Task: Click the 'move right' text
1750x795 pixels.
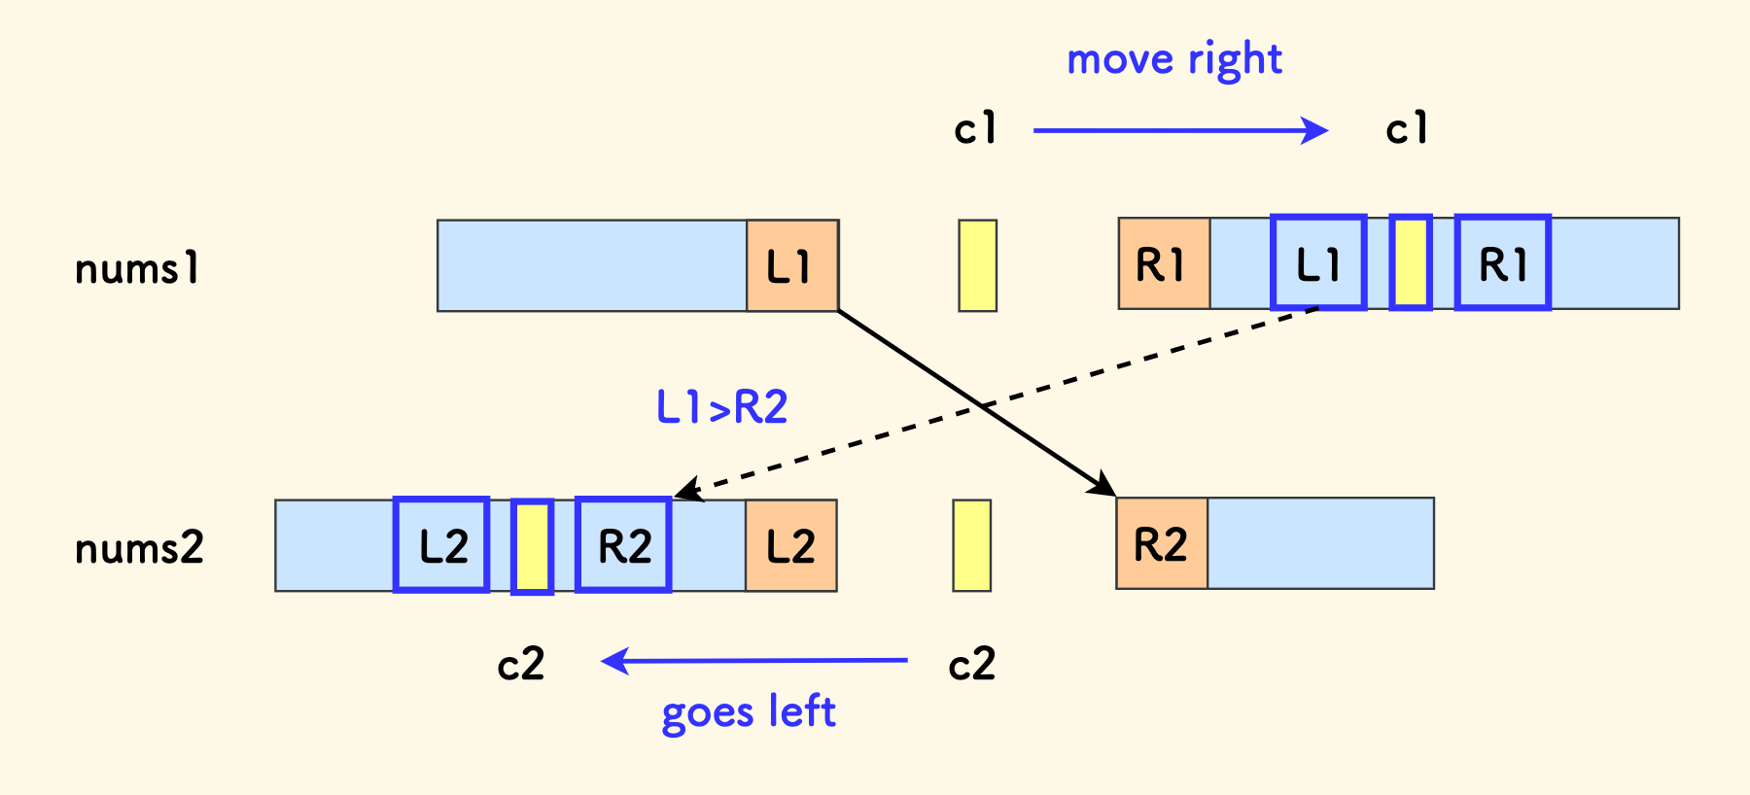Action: point(1174,60)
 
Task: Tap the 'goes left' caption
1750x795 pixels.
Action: point(748,712)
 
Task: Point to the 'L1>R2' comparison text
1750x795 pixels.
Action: point(722,407)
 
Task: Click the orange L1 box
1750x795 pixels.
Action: point(792,265)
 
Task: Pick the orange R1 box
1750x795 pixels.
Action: point(1164,263)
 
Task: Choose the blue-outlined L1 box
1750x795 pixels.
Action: point(1318,263)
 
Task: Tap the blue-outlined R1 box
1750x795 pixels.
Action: point(1502,263)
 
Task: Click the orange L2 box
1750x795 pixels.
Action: point(790,545)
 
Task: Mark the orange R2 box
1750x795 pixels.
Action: point(1162,543)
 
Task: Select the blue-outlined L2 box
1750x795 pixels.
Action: point(441,545)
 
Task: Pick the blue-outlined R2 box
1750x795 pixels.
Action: point(623,545)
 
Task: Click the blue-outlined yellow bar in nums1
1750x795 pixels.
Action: point(1411,263)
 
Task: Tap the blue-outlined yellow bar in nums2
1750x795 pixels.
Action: point(532,547)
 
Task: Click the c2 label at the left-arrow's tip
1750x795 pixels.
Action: point(521,665)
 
